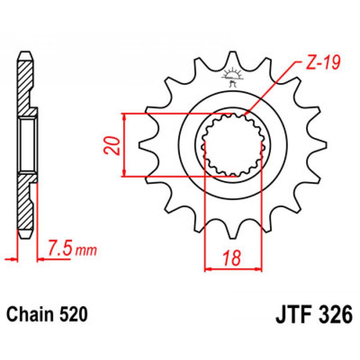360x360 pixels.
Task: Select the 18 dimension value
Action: pos(233,258)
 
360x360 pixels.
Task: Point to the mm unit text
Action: pos(86,250)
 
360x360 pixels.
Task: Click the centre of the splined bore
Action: pos(232,145)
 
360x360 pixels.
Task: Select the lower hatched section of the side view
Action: pos(25,202)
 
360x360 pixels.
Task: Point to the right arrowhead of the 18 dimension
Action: pos(258,269)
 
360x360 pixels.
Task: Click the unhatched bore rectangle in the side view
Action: pos(27,145)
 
